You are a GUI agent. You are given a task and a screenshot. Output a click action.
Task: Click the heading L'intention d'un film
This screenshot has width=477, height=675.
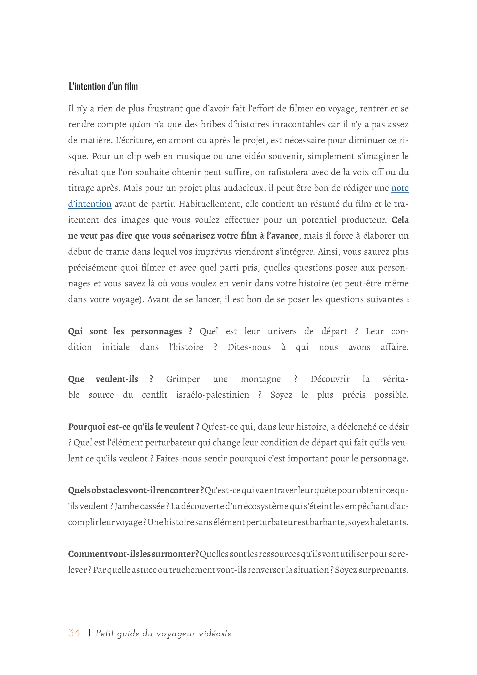coord(103,87)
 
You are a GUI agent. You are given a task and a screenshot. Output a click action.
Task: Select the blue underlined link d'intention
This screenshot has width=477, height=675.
coord(90,204)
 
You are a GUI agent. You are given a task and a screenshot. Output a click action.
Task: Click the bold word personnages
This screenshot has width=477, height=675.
coord(156,331)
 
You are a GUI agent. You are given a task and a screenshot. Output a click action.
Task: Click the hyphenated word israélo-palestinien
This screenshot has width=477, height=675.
coord(213,395)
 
